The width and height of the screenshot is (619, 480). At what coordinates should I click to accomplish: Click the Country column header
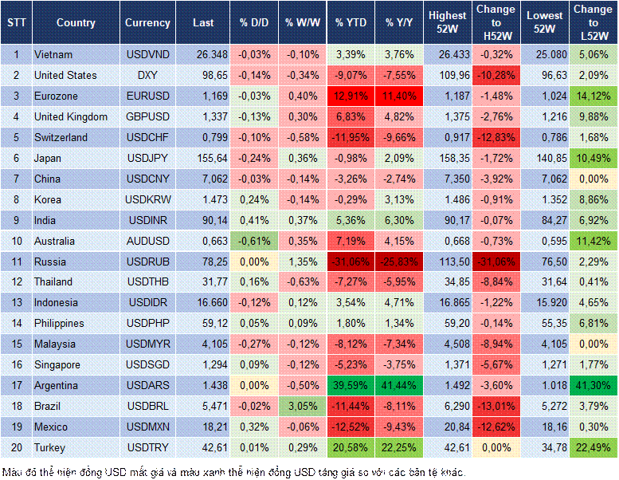point(75,22)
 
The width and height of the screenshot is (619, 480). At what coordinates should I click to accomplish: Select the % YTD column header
point(350,22)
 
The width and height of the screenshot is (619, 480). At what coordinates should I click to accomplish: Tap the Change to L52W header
point(594,22)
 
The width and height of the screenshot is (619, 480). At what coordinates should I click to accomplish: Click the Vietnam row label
point(53,54)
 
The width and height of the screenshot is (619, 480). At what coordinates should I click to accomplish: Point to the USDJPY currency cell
point(147,158)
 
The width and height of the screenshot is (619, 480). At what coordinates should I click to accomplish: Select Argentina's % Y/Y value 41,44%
point(400,385)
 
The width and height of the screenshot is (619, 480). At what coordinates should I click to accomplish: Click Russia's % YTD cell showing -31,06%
point(350,262)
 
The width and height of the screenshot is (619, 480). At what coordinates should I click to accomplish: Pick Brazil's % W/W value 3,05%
point(300,406)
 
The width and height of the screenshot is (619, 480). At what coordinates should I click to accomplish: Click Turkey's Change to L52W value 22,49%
point(594,447)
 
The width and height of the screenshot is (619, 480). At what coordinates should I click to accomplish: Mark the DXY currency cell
point(147,75)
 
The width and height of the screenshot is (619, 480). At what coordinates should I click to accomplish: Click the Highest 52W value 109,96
point(449,75)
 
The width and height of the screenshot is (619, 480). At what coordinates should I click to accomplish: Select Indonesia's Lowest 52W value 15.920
point(546,303)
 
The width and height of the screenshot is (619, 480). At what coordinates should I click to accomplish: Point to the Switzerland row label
point(60,137)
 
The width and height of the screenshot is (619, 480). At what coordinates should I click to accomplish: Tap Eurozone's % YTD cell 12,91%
point(350,96)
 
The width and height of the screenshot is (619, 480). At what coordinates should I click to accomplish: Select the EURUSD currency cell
point(147,96)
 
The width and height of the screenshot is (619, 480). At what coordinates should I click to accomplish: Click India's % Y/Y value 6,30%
point(400,220)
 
